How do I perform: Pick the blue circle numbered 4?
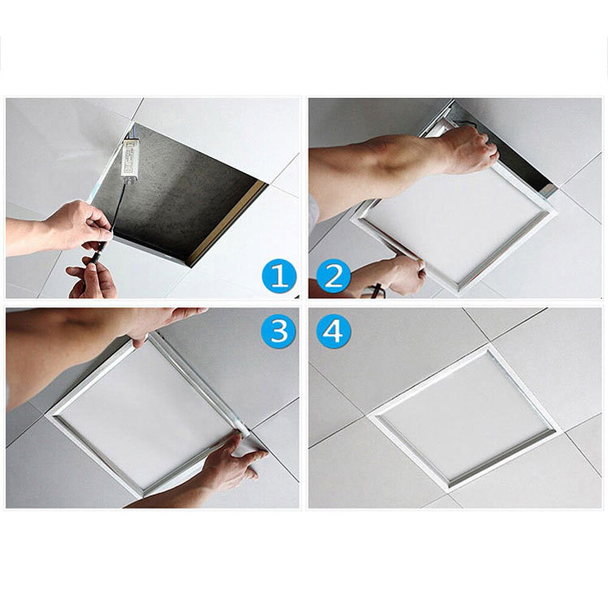point(333,331)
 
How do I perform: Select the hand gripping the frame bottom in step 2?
point(401,274)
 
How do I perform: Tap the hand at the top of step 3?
point(164,322)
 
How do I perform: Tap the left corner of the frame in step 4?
point(372,415)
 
